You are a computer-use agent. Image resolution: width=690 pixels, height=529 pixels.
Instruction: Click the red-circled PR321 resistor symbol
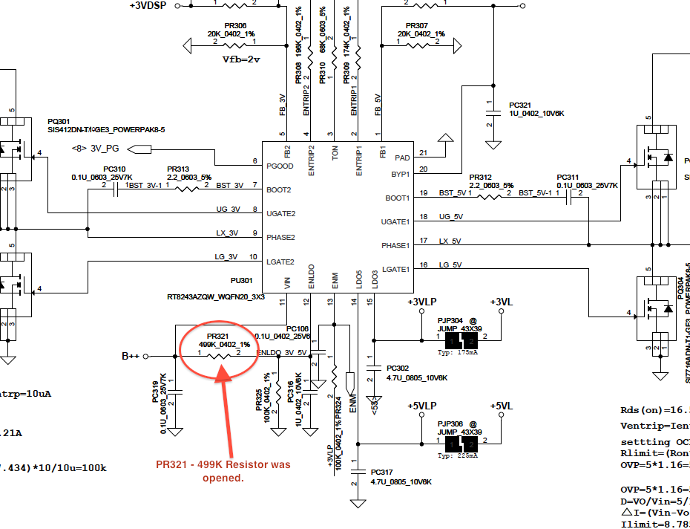click(x=220, y=356)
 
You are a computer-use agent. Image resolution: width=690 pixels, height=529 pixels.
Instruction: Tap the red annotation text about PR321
click(x=223, y=470)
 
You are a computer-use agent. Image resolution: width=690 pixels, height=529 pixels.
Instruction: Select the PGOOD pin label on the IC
click(x=280, y=166)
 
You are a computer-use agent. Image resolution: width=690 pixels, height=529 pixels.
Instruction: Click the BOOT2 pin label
click(x=279, y=189)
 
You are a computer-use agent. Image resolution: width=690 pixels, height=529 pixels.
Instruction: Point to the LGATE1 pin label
click(x=395, y=269)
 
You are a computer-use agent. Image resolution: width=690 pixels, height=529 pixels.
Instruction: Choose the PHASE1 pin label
click(x=395, y=245)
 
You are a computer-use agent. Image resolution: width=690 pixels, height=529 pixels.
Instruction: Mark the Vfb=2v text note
click(x=242, y=59)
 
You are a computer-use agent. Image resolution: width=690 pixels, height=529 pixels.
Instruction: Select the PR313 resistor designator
click(x=178, y=169)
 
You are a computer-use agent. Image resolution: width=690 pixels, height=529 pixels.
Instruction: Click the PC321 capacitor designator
click(x=520, y=106)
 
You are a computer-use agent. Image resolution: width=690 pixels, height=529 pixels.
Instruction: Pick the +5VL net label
click(x=502, y=406)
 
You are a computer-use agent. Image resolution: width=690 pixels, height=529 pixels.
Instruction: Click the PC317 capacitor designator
click(x=381, y=472)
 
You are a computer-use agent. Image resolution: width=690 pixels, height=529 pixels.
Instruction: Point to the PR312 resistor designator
click(x=481, y=177)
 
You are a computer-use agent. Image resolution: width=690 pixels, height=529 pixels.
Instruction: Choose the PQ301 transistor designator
click(x=59, y=121)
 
